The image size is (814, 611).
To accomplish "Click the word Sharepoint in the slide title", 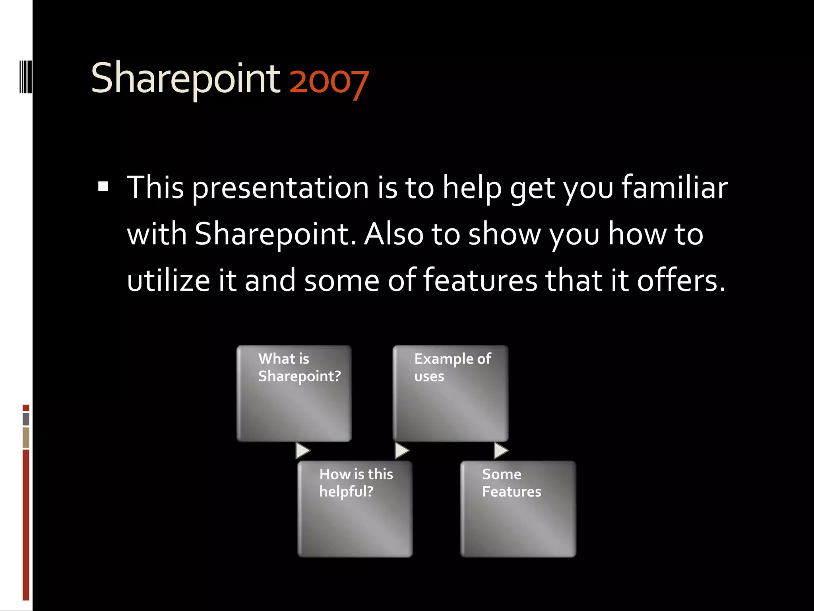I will click(186, 79).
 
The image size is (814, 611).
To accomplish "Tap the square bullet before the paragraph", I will click(103, 187).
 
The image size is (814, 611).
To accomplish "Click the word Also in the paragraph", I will click(394, 234).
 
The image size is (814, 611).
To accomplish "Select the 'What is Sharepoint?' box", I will click(294, 393).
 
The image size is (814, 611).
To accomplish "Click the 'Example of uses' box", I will click(450, 393).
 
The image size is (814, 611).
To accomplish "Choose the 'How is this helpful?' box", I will click(355, 509).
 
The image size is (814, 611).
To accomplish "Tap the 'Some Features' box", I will click(518, 509).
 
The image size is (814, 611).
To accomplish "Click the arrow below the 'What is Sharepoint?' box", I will click(302, 451).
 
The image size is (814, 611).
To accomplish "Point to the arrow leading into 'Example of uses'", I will click(402, 451).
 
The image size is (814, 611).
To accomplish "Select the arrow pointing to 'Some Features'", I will click(501, 451).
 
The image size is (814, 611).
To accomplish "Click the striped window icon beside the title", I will click(25, 77).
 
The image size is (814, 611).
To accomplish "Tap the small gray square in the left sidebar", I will click(26, 419).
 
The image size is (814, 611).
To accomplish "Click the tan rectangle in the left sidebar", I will click(26, 437).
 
